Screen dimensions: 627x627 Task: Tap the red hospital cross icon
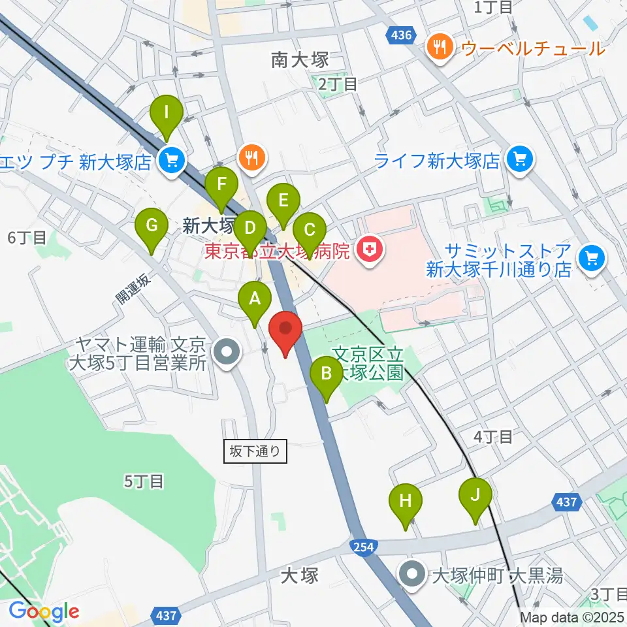click(x=370, y=249)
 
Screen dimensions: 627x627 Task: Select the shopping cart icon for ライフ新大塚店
click(x=520, y=159)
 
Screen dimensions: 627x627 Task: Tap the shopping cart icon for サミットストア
click(x=592, y=259)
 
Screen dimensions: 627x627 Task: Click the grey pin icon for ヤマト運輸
click(x=227, y=353)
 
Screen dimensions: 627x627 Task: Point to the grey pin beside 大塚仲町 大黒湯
click(x=413, y=575)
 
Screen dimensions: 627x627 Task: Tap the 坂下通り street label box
click(x=255, y=450)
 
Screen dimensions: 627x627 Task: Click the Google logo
click(x=44, y=612)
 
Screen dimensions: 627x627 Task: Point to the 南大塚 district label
click(x=298, y=61)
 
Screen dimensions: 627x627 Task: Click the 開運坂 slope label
click(x=134, y=287)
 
